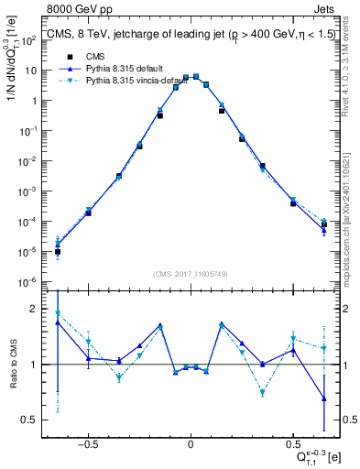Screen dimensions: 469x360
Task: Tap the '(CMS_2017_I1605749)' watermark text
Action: (190, 275)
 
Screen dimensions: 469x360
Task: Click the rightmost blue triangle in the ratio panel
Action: (323, 398)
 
